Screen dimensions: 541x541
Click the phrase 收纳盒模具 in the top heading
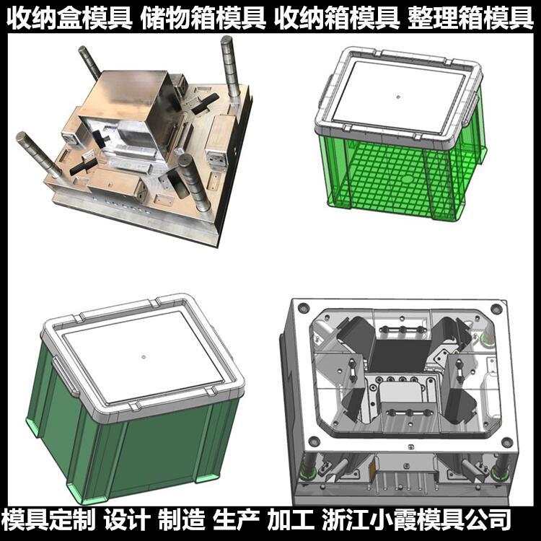pos(69,19)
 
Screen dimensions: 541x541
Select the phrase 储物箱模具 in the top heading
pos(203,19)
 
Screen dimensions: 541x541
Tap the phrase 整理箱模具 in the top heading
pos(470,19)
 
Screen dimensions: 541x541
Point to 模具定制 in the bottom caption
pos(48,519)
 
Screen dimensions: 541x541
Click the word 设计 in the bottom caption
pos(127,519)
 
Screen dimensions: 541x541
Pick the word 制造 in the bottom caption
pos(182,519)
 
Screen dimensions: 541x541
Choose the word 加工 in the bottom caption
pos(291,519)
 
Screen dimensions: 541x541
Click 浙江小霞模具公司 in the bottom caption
pos(416,519)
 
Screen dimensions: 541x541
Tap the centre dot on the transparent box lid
pos(398,97)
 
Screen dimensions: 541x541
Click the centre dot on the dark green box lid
pos(143,356)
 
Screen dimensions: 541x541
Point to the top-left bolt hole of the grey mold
pos(303,307)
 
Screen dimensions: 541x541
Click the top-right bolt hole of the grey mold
pos(496,308)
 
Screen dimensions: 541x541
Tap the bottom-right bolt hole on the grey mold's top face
pos(506,442)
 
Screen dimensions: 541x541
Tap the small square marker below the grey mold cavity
pos(410,447)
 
